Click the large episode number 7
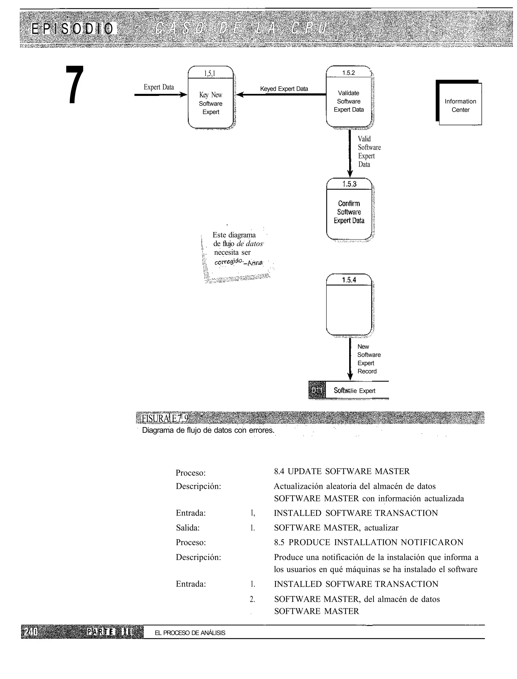pos(75,85)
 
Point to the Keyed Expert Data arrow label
pos(284,89)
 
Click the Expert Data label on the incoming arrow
pos(159,87)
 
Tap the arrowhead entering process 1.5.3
pos(350,174)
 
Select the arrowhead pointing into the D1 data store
pos(350,377)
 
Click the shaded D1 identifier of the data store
pos(317,390)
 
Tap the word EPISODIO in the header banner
pos(73,29)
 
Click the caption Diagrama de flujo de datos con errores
pos(208,430)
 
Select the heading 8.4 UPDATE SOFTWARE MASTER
pos(342,471)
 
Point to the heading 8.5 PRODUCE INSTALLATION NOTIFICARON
pos(368,543)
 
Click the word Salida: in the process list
pos(188,528)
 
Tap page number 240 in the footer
pos(31,632)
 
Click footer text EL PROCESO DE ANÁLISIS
pos(190,633)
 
